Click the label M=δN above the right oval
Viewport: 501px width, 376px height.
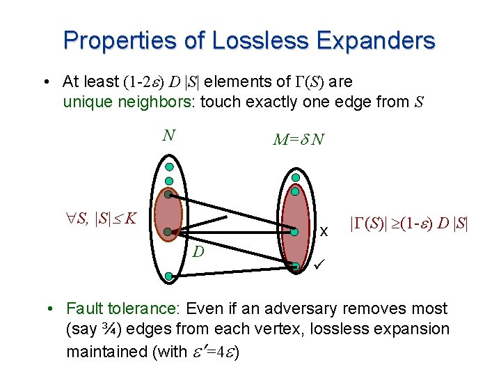tap(298, 141)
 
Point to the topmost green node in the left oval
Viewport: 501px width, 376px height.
tap(169, 167)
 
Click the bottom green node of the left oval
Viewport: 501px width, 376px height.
tap(169, 276)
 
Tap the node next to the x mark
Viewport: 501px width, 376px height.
tap(295, 233)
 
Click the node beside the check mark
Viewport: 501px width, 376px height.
tap(296, 266)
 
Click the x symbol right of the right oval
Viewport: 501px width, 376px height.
tap(323, 233)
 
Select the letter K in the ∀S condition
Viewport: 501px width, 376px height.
tap(129, 219)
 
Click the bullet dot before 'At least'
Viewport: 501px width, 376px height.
tap(44, 82)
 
